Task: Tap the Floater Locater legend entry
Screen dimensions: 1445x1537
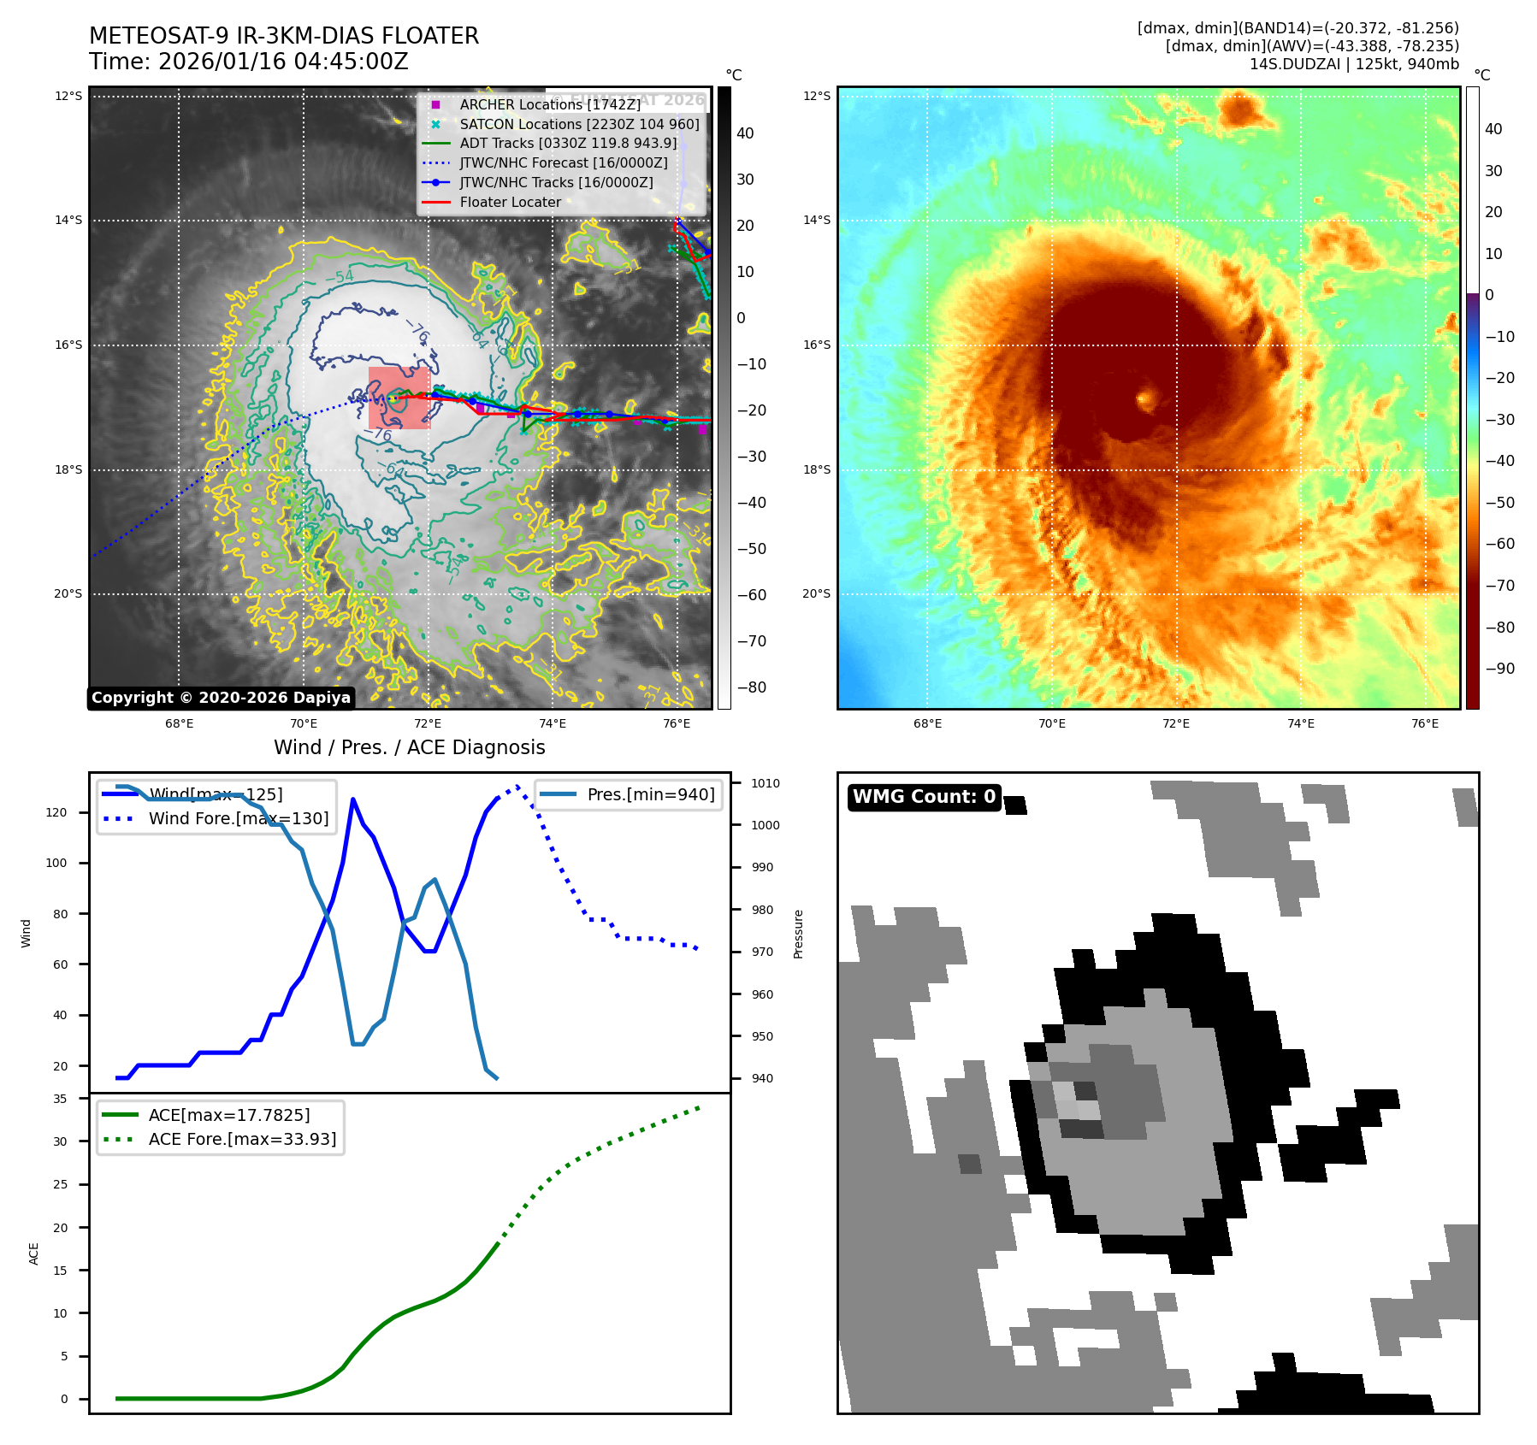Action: [510, 203]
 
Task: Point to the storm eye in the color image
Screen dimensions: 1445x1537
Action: [1146, 398]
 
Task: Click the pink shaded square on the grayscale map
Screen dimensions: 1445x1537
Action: [399, 398]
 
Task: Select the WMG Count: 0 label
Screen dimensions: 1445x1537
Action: [924, 797]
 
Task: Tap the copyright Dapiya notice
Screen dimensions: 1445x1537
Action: [221, 698]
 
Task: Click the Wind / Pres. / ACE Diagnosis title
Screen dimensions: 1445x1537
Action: [409, 748]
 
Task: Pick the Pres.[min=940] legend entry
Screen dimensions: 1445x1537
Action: [650, 794]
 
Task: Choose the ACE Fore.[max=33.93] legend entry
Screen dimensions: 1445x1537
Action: [242, 1139]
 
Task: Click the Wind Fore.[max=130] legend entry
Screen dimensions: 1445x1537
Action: [238, 818]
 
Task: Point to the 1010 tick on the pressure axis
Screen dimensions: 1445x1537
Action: [766, 783]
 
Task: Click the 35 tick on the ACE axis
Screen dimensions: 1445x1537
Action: [60, 1099]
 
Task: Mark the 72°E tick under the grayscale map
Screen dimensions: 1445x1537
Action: [428, 724]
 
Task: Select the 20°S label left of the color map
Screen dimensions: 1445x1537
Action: [816, 594]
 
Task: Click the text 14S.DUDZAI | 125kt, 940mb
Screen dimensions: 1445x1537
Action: [1354, 64]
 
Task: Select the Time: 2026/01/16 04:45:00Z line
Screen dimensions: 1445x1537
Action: [249, 62]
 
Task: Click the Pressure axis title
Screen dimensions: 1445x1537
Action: [798, 934]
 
